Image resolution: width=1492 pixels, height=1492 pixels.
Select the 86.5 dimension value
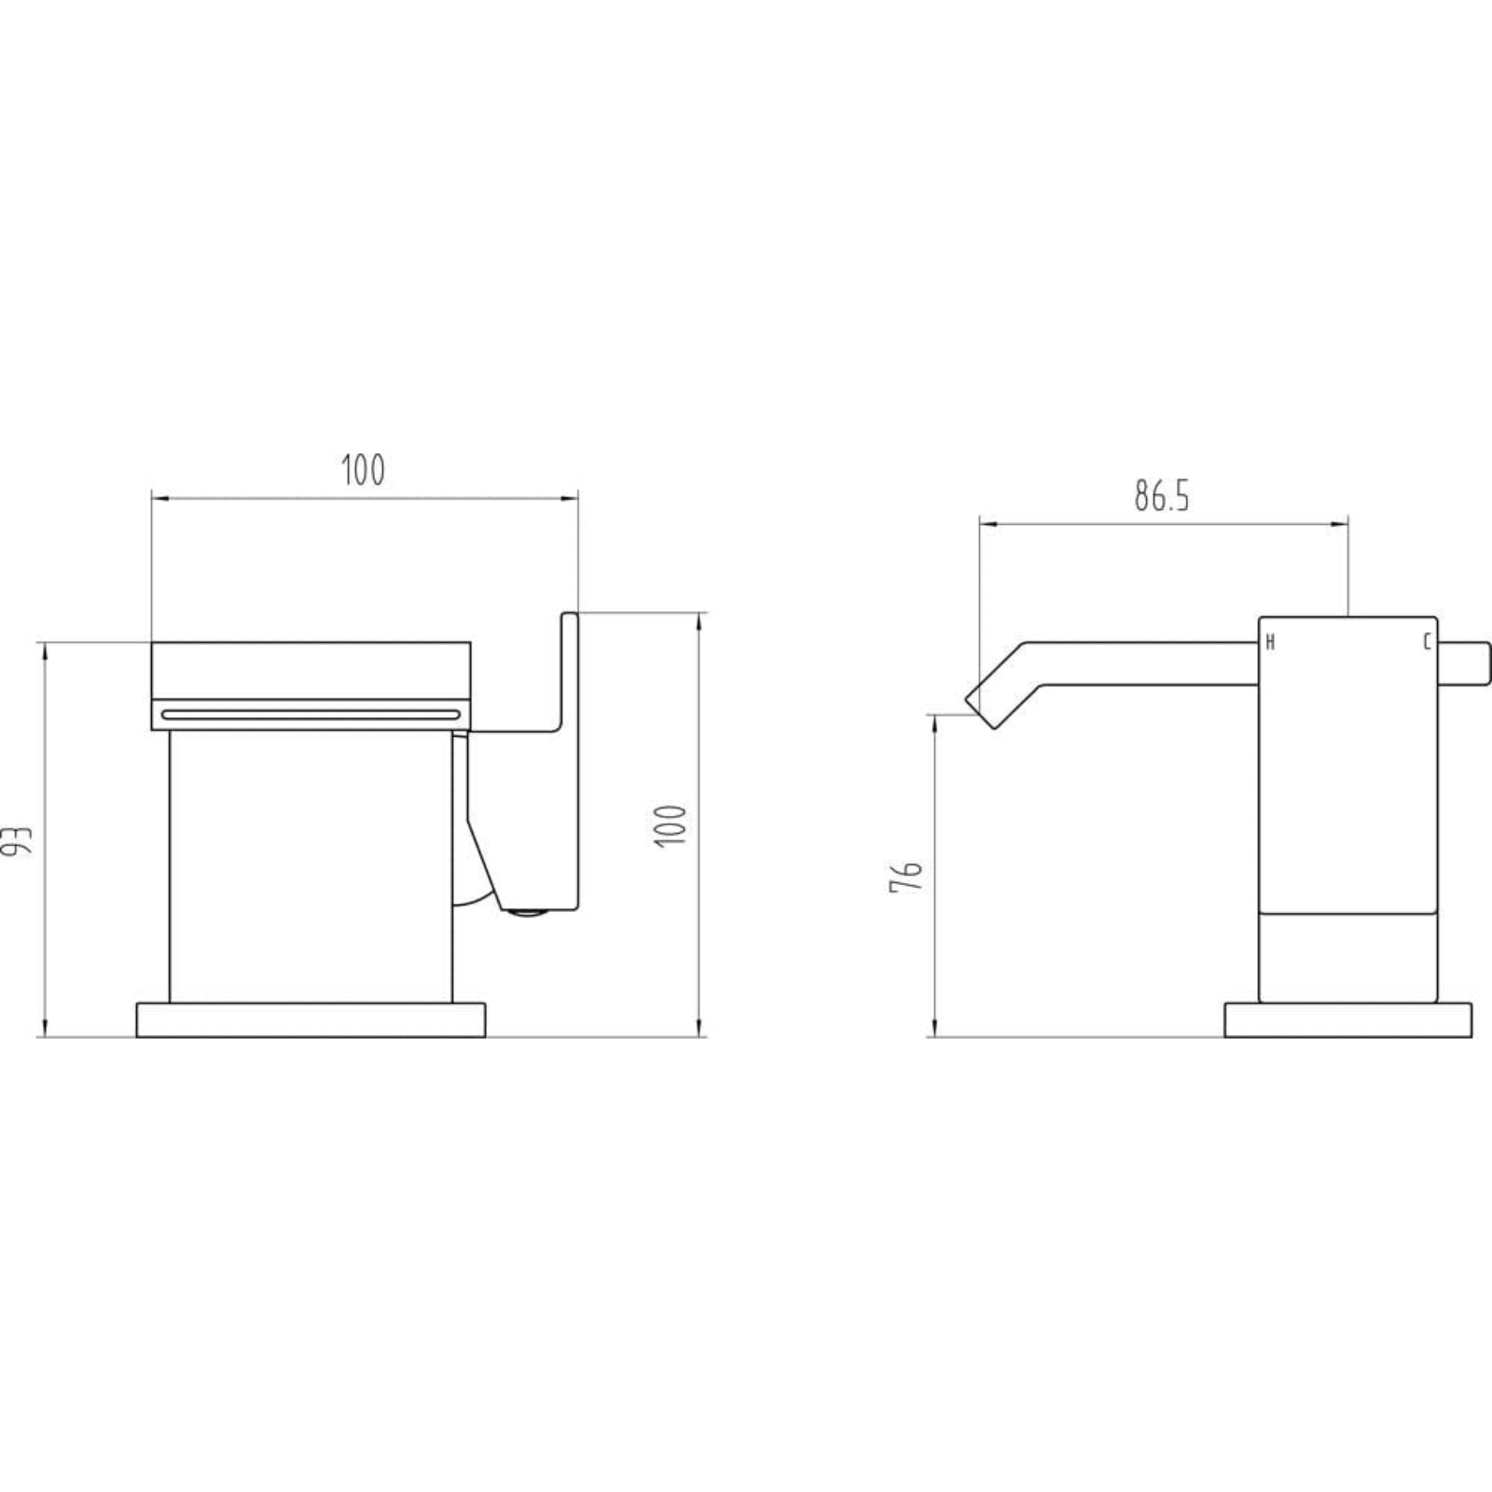(x=1162, y=497)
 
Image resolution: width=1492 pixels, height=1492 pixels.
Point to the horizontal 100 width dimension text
(x=363, y=471)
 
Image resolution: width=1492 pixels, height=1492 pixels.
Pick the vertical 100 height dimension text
(x=671, y=824)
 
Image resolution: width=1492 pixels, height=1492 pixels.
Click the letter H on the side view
(x=1270, y=642)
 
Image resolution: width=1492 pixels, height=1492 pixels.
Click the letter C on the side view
(x=1426, y=642)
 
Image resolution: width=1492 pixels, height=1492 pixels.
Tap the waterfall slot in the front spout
(x=311, y=714)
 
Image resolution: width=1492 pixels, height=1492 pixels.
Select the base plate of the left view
(x=311, y=1020)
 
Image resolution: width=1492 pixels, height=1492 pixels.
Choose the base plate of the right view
(x=1347, y=1020)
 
